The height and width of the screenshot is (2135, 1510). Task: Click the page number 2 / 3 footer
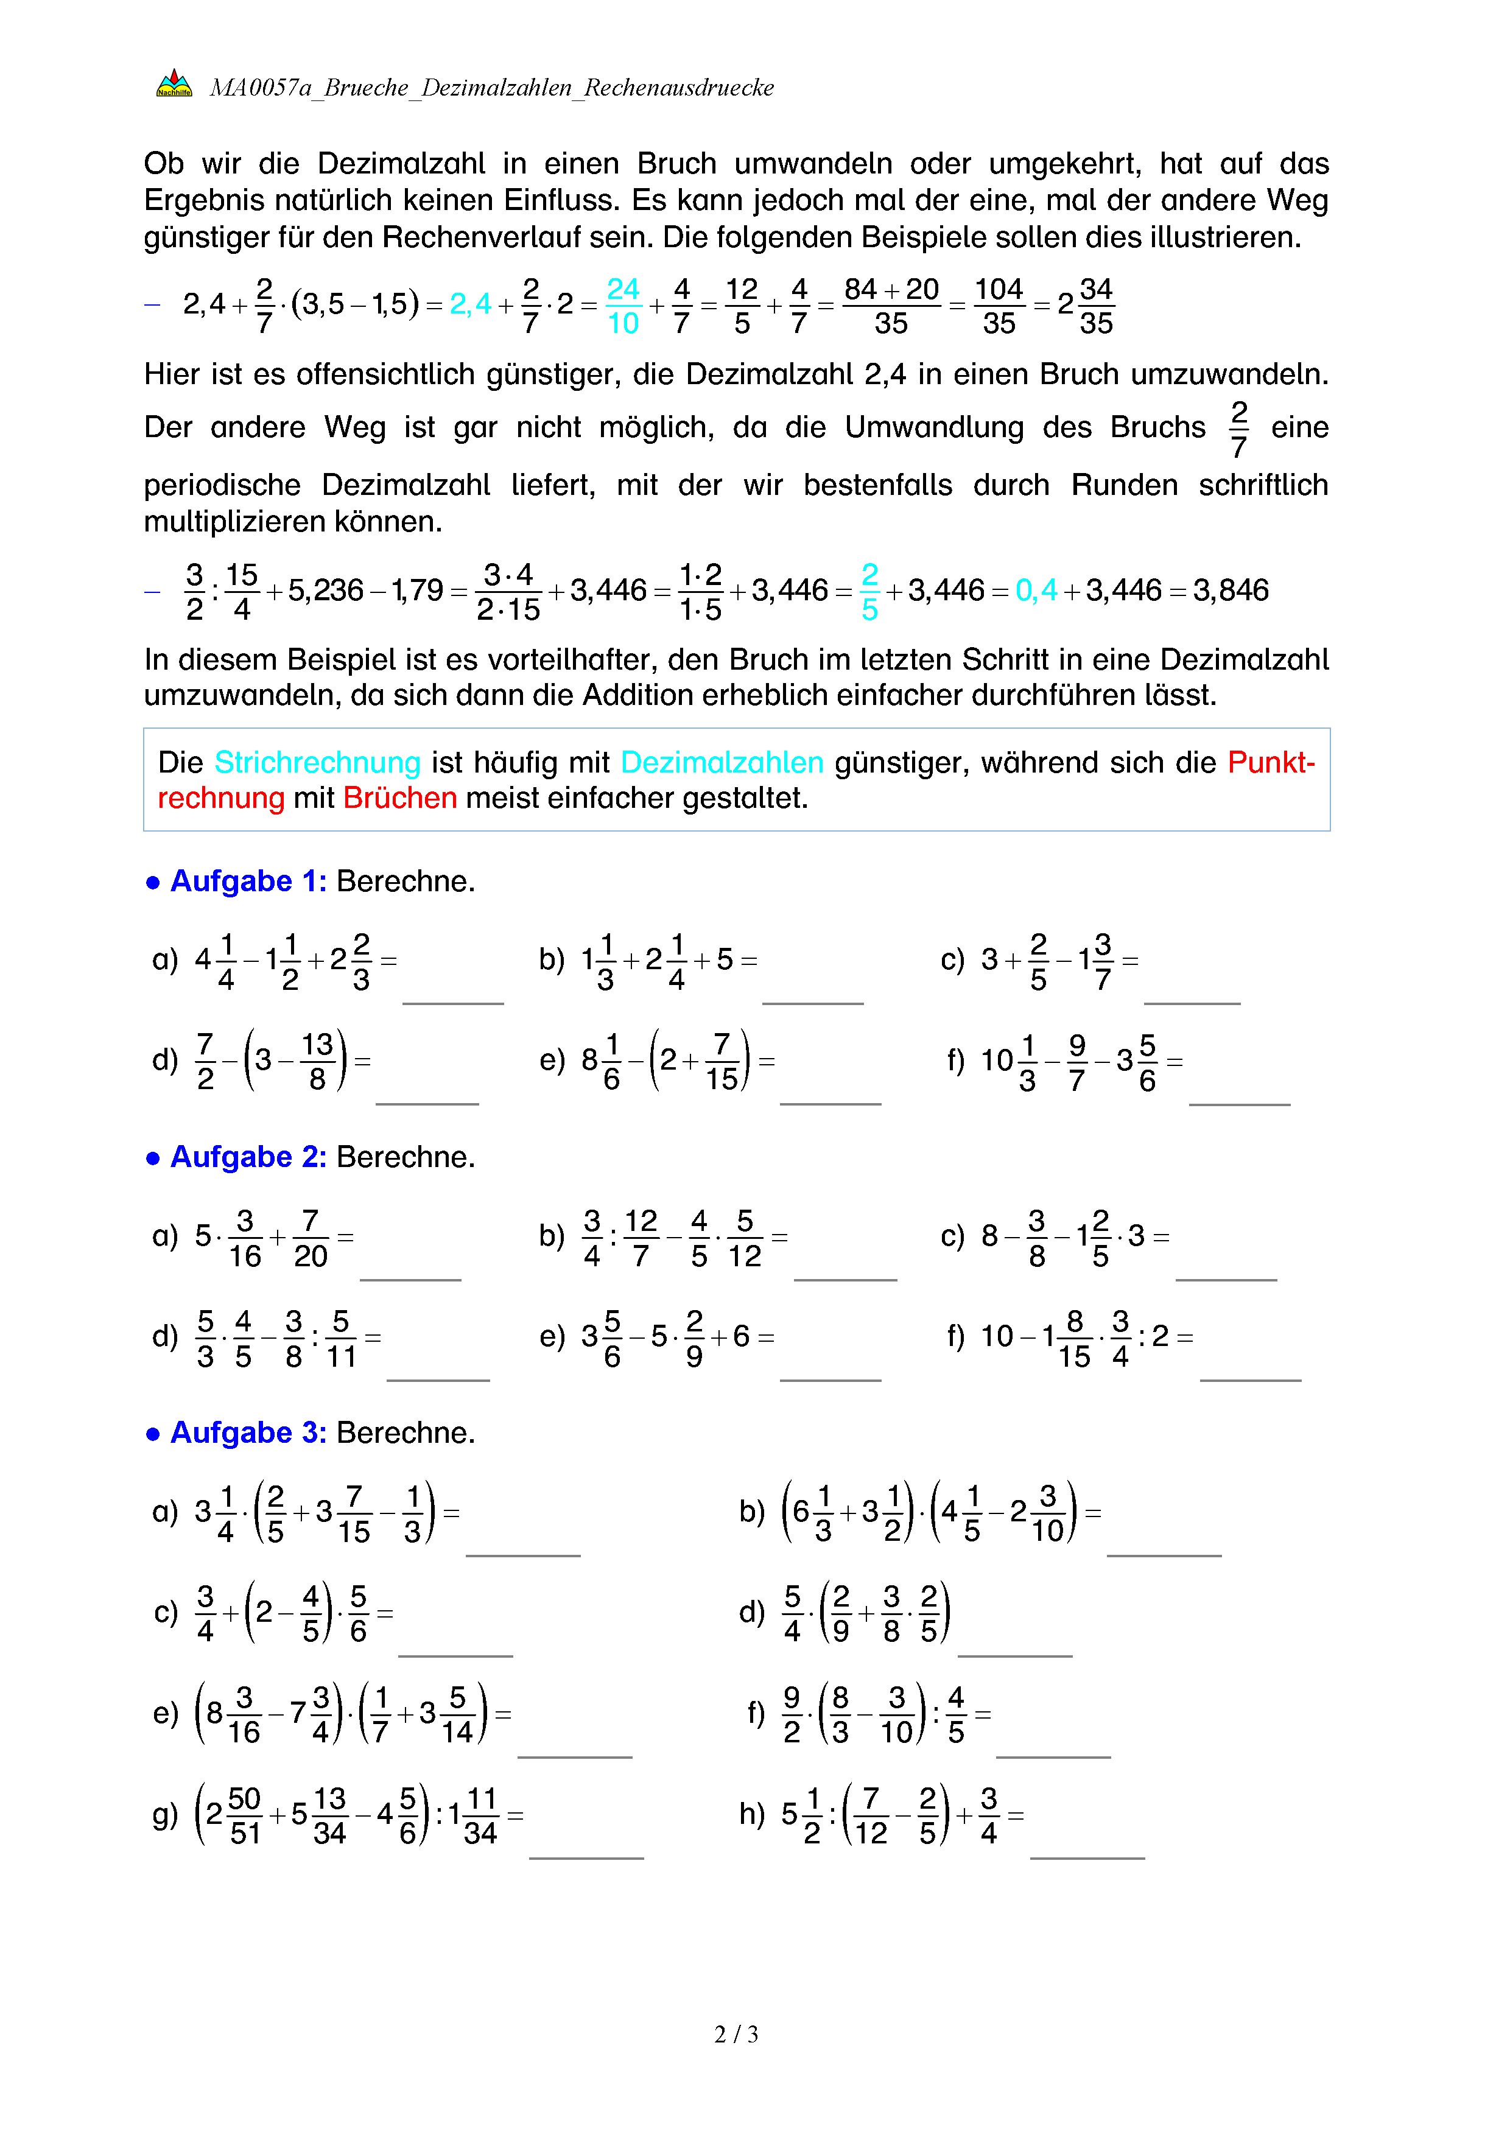click(736, 2034)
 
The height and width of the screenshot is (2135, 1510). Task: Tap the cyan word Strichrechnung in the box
click(317, 762)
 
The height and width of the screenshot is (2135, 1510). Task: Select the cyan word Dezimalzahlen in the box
click(722, 762)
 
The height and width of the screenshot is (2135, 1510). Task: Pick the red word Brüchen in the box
click(400, 799)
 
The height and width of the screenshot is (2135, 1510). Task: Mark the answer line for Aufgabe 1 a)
click(453, 1003)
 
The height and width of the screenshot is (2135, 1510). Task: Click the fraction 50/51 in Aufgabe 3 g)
click(245, 1815)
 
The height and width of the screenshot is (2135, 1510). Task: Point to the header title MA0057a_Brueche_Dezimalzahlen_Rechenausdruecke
click(491, 88)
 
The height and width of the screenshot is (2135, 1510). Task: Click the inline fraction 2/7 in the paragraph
click(1238, 429)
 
